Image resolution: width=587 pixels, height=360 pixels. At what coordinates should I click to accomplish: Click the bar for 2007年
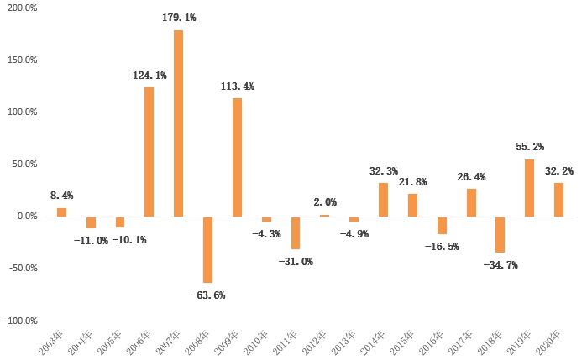point(179,123)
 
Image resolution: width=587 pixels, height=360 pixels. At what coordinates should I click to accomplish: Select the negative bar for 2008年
point(207,249)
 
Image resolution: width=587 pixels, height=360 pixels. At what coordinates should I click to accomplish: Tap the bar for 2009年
point(237,157)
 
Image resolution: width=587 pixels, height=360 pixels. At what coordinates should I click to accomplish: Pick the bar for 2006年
point(149,152)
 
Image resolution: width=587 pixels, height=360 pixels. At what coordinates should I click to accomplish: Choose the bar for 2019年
point(530,188)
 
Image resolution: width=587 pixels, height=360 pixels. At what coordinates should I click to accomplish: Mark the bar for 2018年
point(501,234)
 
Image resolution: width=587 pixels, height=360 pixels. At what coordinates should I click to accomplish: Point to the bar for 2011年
point(296,232)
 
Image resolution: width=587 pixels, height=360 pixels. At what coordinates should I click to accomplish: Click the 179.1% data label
point(179,16)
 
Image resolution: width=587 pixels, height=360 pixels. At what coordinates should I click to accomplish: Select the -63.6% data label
point(207,295)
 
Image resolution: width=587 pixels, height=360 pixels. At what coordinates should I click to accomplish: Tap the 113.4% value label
point(237,86)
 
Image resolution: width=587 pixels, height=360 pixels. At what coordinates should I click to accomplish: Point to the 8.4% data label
point(61,196)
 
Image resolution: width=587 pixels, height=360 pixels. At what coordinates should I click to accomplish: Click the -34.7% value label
point(501,265)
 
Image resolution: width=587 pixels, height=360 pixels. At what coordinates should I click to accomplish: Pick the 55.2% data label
point(530,146)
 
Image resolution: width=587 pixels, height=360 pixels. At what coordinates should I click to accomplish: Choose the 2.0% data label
point(325,202)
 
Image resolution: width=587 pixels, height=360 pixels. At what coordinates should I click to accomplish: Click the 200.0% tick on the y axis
point(23,8)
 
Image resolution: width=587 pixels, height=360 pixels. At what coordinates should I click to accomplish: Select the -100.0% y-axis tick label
point(21,321)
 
